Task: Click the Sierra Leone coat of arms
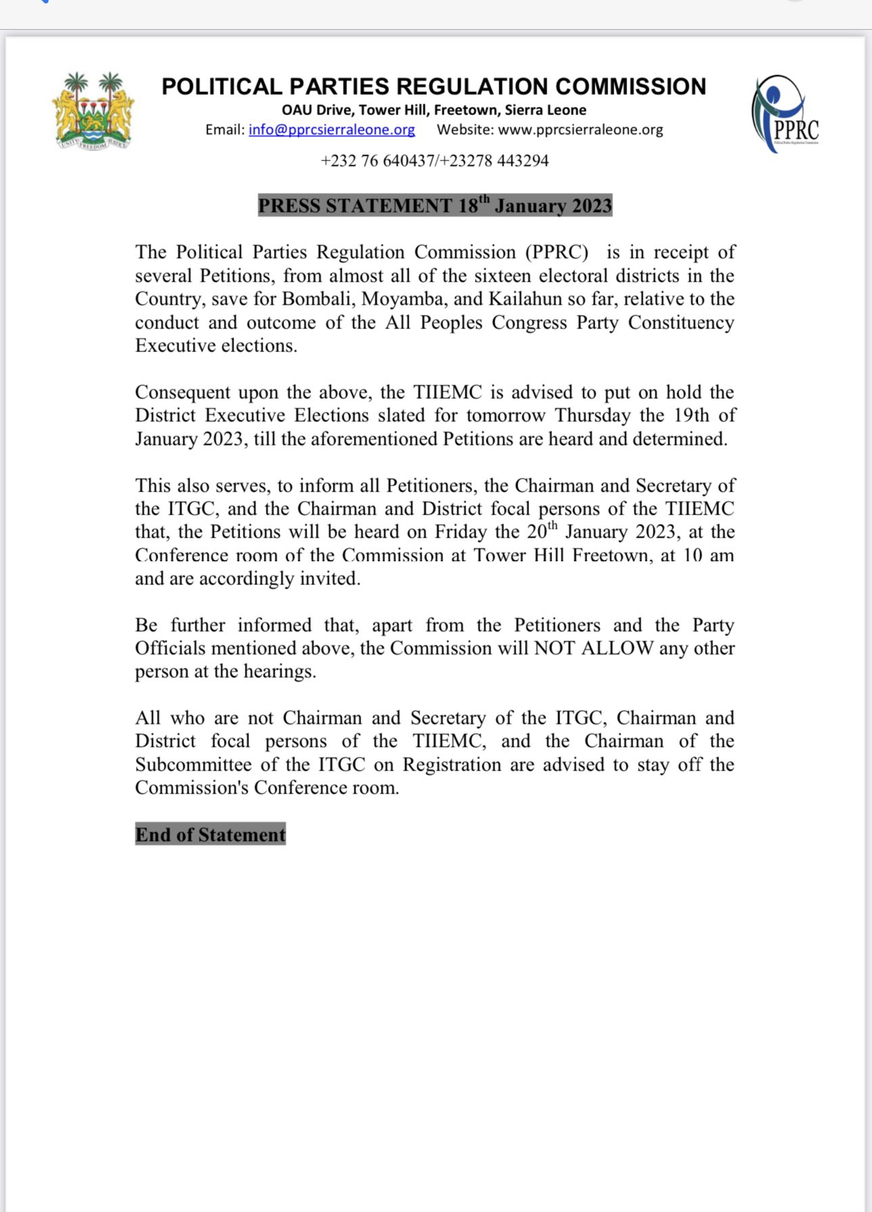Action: [93, 111]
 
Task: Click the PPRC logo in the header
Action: [785, 113]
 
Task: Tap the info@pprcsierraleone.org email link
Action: [331, 130]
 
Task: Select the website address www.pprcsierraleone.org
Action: [580, 130]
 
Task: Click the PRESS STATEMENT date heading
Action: [435, 206]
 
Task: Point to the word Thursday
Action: [593, 416]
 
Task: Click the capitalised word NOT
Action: [555, 649]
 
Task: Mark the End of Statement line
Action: [210, 835]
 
